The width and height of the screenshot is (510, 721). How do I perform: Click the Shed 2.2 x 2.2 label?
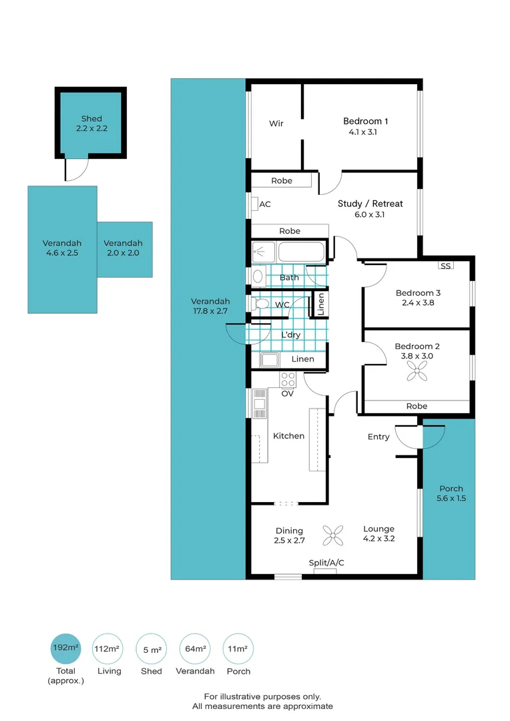(91, 124)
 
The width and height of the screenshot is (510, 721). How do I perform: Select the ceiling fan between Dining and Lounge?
(332, 534)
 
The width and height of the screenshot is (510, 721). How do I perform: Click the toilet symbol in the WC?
(260, 304)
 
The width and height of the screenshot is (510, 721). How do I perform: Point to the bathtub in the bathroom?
(301, 252)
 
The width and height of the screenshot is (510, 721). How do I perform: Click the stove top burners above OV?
(288, 380)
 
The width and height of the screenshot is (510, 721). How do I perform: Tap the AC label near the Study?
(264, 204)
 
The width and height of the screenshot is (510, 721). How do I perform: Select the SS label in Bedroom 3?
(445, 266)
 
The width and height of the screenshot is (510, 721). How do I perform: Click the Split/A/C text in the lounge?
(326, 563)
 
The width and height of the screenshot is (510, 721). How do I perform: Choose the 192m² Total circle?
(66, 648)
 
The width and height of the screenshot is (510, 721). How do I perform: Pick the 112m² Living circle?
(108, 648)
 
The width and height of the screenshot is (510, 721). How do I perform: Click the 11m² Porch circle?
(238, 648)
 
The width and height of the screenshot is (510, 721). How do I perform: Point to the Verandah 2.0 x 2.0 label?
(123, 248)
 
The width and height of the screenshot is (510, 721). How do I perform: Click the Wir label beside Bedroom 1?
(276, 124)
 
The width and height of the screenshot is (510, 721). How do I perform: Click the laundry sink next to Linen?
(270, 360)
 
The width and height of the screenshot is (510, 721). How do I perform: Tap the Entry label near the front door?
(378, 437)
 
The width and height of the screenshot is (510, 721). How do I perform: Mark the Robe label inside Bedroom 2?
(417, 406)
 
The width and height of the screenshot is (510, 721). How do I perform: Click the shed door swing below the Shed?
(75, 170)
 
